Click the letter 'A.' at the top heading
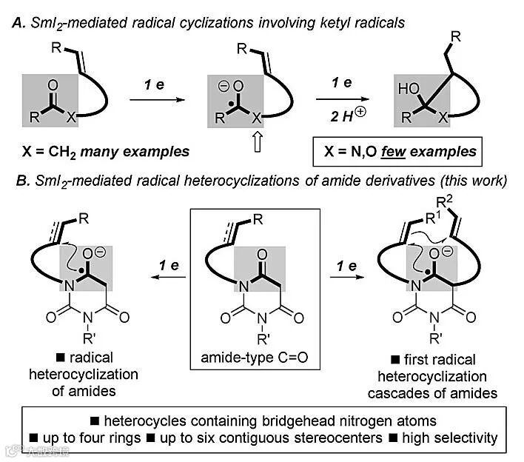pyautogui.click(x=20, y=22)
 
